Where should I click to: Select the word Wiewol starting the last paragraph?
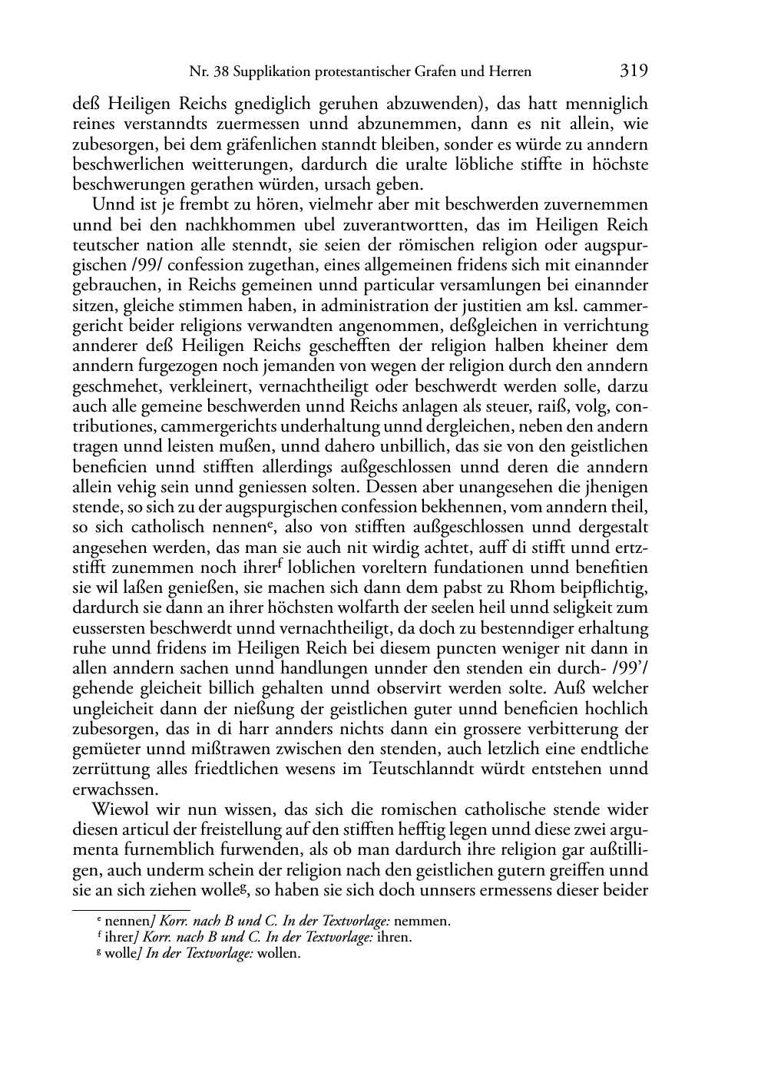[x=118, y=809]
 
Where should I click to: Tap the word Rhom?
[x=473, y=588]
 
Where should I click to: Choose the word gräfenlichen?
[x=253, y=144]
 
